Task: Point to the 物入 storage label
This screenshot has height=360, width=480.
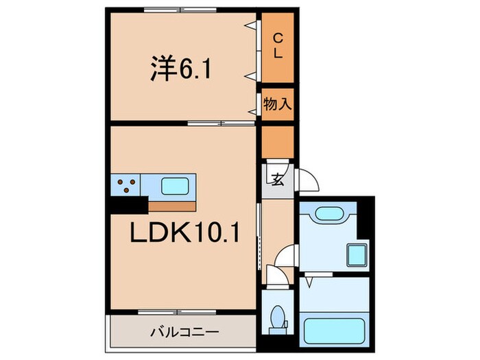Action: point(278,105)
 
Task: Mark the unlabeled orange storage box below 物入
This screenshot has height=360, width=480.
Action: point(278,141)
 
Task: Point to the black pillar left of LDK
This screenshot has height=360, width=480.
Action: point(128,204)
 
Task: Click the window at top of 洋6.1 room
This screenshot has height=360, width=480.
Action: point(181,10)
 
